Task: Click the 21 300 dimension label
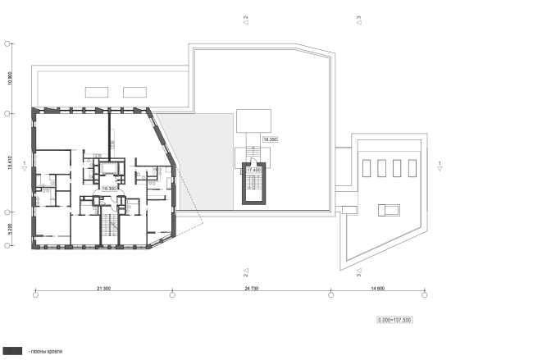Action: (102, 288)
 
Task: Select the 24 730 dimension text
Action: (251, 288)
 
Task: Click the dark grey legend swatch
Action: (11, 349)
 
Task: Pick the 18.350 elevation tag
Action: (269, 139)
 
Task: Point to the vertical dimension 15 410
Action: (9, 162)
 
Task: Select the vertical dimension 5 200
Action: (9, 230)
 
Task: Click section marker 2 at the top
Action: (245, 17)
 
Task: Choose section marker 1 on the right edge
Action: (440, 165)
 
